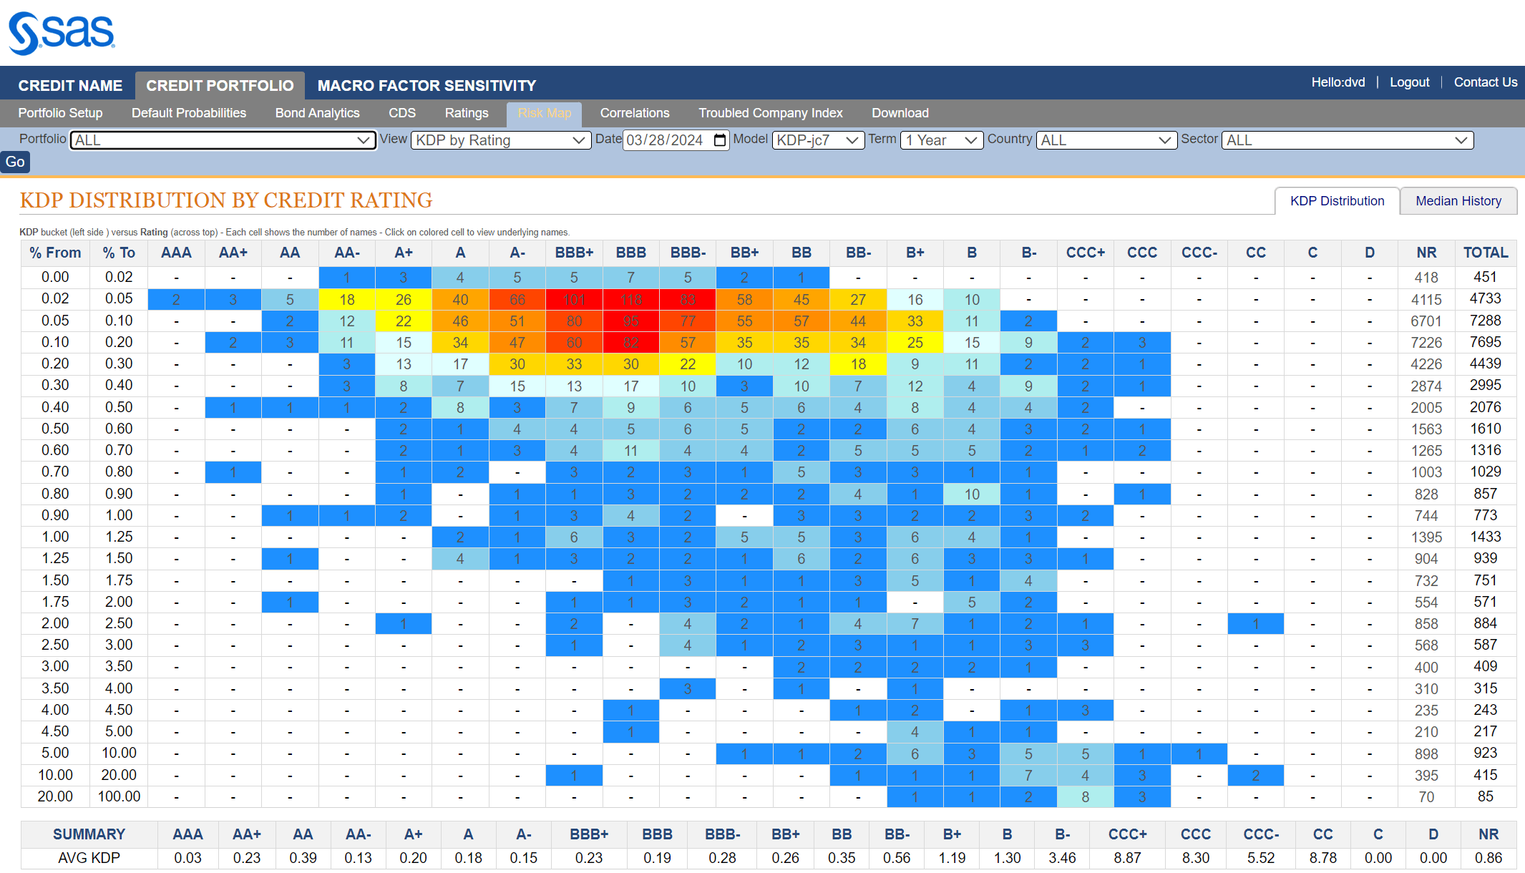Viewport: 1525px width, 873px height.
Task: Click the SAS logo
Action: [62, 33]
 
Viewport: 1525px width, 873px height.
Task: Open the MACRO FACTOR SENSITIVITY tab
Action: [427, 86]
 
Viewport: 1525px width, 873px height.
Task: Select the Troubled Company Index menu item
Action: [770, 113]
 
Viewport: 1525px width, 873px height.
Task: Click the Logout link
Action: [1409, 82]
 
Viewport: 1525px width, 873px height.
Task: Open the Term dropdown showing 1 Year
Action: [941, 140]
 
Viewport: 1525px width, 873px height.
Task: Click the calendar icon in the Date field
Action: [720, 140]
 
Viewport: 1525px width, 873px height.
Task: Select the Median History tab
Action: [1458, 201]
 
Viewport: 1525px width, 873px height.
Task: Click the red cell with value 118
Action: [630, 300]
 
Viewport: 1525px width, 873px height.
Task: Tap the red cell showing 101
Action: [574, 300]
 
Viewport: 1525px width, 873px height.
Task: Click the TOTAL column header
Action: [1485, 253]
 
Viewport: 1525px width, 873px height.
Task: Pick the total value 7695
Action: [1485, 342]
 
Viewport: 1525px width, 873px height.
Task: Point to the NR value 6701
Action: [1426, 321]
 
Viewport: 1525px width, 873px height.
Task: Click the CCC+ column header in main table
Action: [1085, 253]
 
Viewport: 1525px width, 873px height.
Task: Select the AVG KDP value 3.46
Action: [1062, 858]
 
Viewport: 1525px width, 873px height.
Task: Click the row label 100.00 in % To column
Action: [119, 796]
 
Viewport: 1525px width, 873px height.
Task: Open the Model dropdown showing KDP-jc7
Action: [817, 140]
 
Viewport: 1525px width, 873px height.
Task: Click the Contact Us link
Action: [1485, 82]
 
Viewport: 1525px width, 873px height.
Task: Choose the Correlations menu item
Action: [634, 113]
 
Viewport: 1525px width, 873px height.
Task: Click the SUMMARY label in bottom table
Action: [89, 834]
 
